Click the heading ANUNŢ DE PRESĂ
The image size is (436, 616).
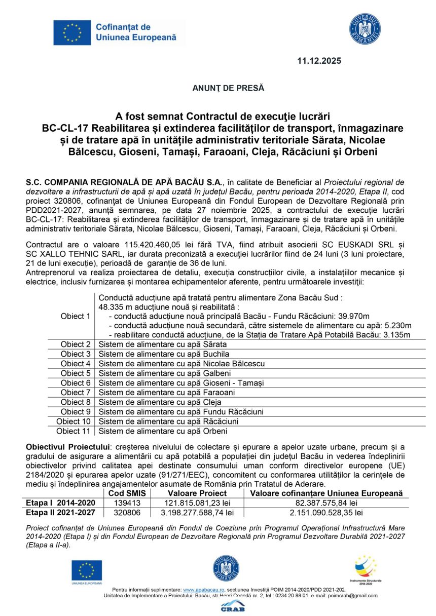[228, 88]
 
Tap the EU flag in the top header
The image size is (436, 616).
[72, 33]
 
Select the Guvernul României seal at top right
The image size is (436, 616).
[365, 29]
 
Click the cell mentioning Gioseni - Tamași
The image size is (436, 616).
[181, 383]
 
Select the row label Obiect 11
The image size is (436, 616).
[73, 431]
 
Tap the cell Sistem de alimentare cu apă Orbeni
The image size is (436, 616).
[163, 431]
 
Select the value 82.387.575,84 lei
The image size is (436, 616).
[326, 503]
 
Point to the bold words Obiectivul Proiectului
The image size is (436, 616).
[68, 446]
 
